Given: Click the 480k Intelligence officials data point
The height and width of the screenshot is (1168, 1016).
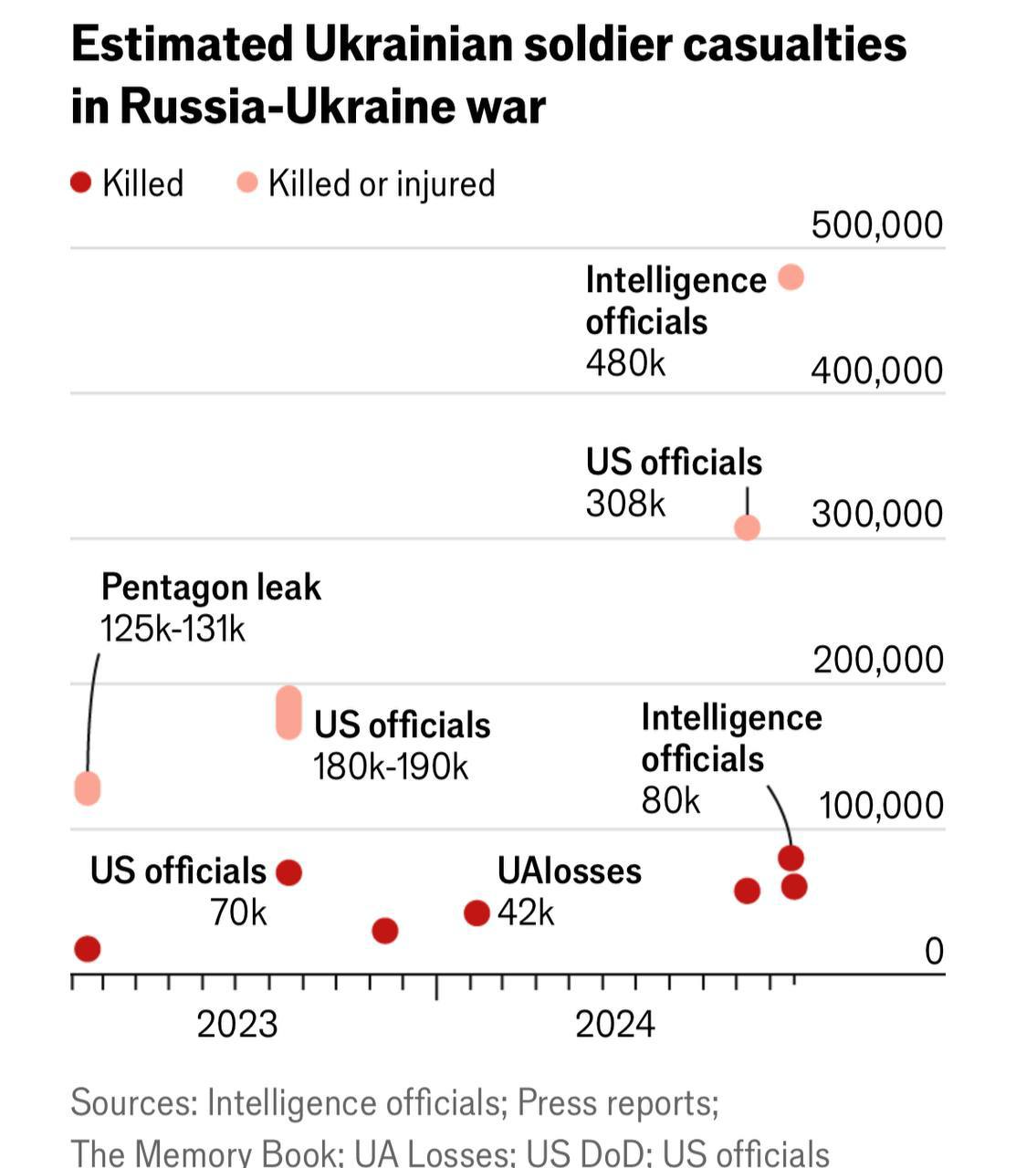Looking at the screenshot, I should (x=791, y=277).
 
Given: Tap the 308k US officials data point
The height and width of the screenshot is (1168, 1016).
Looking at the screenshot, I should (x=747, y=527).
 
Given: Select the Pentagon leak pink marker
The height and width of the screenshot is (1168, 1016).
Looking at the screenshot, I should (x=87, y=787).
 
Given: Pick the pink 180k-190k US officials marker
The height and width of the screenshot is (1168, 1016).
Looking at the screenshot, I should (x=288, y=712).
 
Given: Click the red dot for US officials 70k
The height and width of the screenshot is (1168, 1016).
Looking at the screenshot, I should (x=288, y=872).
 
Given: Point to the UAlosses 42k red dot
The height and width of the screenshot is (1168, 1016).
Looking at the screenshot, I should (x=477, y=912).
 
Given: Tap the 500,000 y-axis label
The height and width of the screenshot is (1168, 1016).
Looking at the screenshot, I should (x=876, y=225).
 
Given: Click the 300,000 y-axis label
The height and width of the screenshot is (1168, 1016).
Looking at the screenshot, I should (x=876, y=515).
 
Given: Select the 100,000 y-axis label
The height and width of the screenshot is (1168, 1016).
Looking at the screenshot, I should (x=880, y=806).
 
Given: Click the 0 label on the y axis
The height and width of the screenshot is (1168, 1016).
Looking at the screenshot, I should (x=933, y=952).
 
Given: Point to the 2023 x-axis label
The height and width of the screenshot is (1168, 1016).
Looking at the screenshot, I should (x=236, y=1025).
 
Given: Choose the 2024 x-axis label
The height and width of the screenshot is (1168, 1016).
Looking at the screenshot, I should (x=614, y=1025).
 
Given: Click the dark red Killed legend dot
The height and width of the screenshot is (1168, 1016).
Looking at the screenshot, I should (x=81, y=183).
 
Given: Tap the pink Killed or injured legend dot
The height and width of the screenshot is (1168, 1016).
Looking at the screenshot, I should (x=246, y=183).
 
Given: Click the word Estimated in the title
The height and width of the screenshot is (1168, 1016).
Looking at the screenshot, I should (x=182, y=44).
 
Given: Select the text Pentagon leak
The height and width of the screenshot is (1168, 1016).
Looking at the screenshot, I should (x=211, y=588).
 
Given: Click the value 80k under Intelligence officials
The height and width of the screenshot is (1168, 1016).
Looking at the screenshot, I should (x=670, y=801).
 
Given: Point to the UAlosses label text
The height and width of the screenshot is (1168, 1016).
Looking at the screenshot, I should (x=569, y=871).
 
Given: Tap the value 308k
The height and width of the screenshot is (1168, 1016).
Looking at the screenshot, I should (x=625, y=504).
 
